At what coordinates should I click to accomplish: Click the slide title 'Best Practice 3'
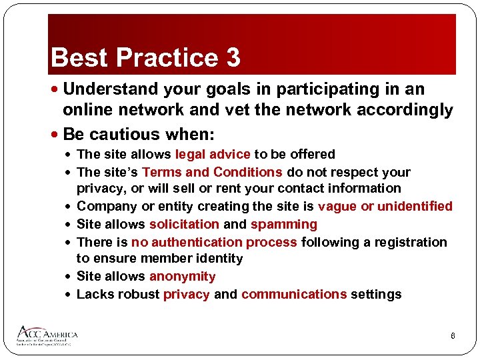145,58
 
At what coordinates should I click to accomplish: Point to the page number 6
453,336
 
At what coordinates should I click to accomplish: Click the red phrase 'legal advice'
213,154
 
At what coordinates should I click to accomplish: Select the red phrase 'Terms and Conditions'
212,172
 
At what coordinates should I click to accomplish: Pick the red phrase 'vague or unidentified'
385,207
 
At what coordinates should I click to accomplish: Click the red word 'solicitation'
184,224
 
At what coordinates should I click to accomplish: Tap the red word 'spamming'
284,224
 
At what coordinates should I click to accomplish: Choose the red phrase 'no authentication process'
214,242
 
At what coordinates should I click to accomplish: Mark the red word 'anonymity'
183,276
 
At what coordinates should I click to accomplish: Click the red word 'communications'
293,294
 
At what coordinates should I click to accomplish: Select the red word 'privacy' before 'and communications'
187,294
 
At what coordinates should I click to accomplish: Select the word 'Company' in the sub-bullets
106,207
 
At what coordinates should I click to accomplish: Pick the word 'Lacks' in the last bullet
95,294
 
